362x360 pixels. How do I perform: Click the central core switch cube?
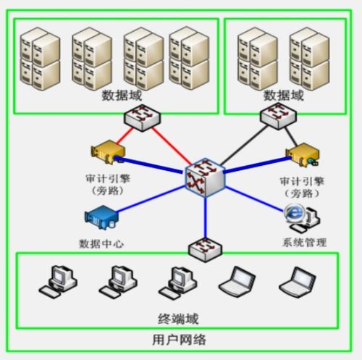205,177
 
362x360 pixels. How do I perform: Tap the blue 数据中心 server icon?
101,217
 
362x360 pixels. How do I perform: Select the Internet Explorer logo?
293,213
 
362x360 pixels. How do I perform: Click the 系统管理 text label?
304,243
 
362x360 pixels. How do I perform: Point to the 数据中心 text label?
101,244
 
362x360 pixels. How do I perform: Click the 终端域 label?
178,319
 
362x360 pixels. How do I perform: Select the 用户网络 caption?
179,340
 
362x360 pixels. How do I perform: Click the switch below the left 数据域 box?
142,117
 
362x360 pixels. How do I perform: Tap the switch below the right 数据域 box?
278,116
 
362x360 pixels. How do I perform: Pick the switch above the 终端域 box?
205,249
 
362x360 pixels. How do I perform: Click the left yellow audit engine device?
108,152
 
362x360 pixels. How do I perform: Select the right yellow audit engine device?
303,154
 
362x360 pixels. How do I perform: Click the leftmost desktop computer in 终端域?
58,281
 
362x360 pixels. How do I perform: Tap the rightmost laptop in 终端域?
298,281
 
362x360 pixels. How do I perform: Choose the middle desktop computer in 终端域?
118,281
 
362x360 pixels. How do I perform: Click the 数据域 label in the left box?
122,96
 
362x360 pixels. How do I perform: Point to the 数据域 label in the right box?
283,96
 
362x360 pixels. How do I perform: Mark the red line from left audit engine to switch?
125,136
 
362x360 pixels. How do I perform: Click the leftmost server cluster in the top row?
40,59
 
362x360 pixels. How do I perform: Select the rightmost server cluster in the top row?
309,59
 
